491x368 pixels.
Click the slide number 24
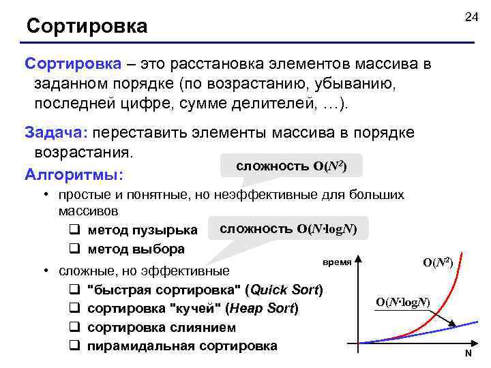click(x=471, y=17)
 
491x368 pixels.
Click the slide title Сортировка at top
click(x=87, y=27)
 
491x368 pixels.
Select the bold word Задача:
click(x=57, y=132)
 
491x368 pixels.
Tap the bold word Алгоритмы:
click(x=74, y=175)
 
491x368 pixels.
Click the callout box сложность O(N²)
click(x=291, y=166)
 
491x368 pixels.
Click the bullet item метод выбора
click(x=136, y=248)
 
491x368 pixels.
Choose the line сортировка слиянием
click(x=162, y=327)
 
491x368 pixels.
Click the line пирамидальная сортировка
click(x=182, y=346)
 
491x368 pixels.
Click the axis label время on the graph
click(x=337, y=262)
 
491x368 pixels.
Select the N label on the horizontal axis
click(x=468, y=354)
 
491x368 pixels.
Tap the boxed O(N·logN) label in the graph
click(x=403, y=301)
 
